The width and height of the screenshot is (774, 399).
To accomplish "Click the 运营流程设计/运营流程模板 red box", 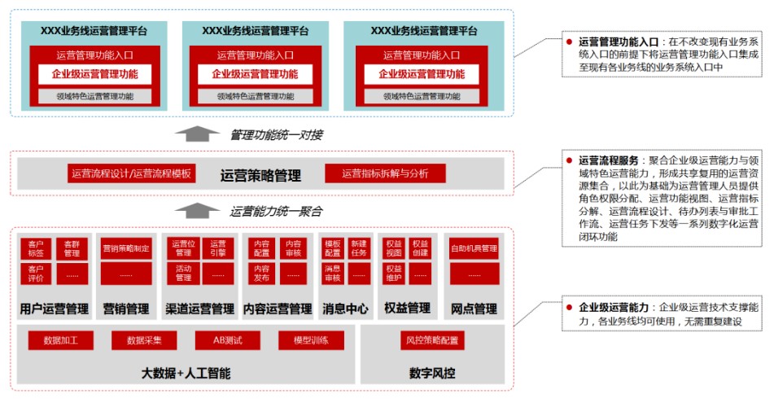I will [x=131, y=173].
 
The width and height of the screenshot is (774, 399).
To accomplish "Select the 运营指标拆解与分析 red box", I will [x=385, y=173].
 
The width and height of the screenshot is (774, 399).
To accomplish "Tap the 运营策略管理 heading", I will [x=260, y=175].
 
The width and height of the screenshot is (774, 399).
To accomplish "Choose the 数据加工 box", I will [x=60, y=340].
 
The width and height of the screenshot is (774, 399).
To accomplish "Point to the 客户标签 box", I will [x=35, y=248].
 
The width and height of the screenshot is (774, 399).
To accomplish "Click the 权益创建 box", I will [x=420, y=248].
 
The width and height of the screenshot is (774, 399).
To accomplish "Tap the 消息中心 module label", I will [x=346, y=309].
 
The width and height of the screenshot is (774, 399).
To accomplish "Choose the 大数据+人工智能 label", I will [x=186, y=374].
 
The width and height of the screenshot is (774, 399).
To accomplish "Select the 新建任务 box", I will [x=359, y=248].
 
